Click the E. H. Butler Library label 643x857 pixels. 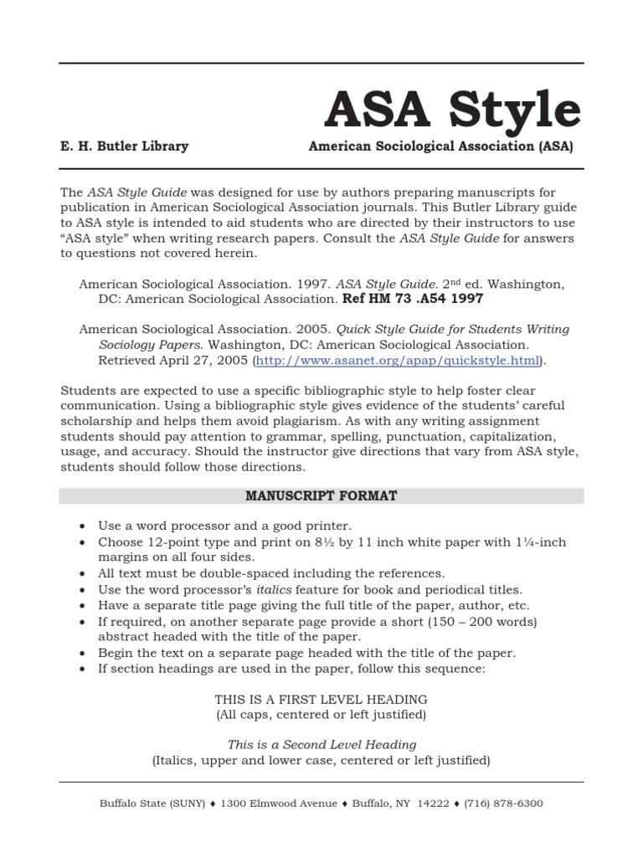124,146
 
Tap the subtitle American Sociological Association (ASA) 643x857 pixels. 440,146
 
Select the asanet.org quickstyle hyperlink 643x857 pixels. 397,361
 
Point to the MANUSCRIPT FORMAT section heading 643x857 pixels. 321,496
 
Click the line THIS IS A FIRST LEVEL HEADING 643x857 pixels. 321,699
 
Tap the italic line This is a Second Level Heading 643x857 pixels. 321,744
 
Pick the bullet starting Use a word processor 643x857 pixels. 224,526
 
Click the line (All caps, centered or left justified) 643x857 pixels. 321,715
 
